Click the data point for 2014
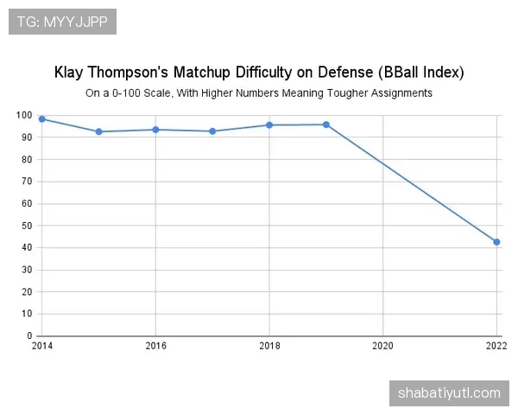(x=41, y=119)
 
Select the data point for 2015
(x=98, y=131)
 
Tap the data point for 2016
(x=155, y=130)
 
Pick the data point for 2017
(x=212, y=131)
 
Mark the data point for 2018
(x=269, y=125)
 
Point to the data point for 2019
(x=326, y=124)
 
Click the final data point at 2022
(x=496, y=242)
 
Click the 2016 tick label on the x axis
(x=155, y=345)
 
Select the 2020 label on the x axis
(x=382, y=345)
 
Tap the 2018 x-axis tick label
(x=269, y=345)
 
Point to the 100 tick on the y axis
(x=24, y=116)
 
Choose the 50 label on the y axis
(x=27, y=226)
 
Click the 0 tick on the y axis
(x=29, y=335)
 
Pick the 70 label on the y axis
(x=27, y=182)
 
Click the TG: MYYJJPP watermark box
(x=62, y=21)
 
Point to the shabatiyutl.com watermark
(x=449, y=393)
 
